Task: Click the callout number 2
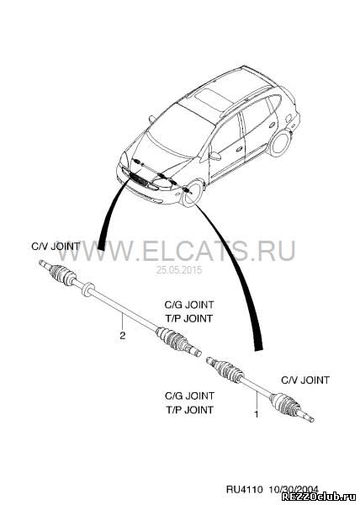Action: [x=122, y=336]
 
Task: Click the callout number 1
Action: [x=257, y=414]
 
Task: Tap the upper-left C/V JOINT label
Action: [x=56, y=247]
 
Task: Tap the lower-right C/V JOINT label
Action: [x=305, y=380]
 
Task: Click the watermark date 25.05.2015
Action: [x=179, y=270]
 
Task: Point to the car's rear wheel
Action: [x=281, y=143]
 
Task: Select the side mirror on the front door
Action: [x=214, y=156]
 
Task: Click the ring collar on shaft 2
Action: [x=87, y=290]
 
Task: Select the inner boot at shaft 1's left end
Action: [x=229, y=371]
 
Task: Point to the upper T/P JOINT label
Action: [x=189, y=318]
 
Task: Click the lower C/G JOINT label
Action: [x=189, y=396]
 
